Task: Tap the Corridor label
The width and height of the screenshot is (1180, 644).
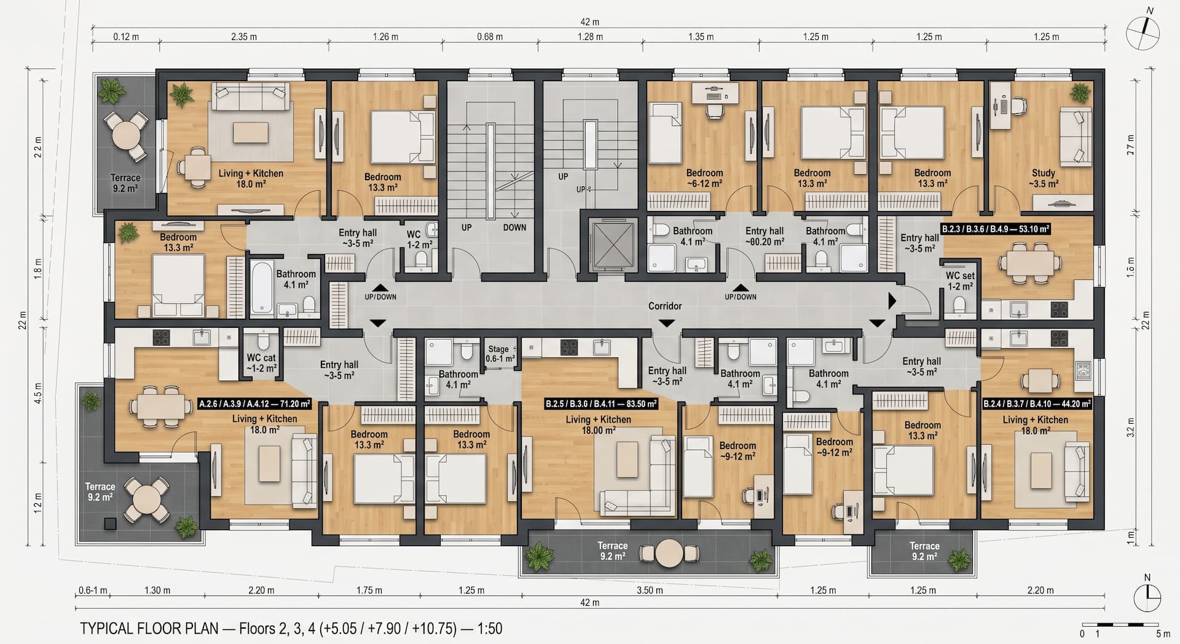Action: (x=665, y=306)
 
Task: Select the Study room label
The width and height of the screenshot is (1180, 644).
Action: (x=1044, y=178)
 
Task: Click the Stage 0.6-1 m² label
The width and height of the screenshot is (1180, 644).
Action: (x=500, y=354)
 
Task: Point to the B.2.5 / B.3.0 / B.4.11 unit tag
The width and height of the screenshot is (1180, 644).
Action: (x=601, y=404)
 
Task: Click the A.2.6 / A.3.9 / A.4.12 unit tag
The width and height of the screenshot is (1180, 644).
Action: (x=255, y=404)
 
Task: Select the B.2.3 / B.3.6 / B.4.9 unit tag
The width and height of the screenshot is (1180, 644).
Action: (x=996, y=229)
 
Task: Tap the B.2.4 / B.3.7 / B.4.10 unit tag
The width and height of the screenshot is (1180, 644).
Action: (x=1037, y=404)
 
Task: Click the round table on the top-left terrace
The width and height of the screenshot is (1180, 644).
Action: (x=126, y=133)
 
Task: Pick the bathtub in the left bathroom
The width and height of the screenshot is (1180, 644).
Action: (x=261, y=287)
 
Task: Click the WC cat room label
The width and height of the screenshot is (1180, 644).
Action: (x=261, y=363)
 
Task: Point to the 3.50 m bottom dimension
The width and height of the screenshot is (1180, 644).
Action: (x=650, y=590)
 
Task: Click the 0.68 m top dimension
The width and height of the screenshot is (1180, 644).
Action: (x=490, y=37)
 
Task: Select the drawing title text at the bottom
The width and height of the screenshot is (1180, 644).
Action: (x=291, y=628)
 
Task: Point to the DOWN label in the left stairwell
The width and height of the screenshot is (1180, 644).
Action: (x=514, y=228)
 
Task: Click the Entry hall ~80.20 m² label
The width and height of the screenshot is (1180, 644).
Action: (x=765, y=236)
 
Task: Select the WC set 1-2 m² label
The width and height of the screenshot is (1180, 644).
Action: (x=960, y=281)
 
